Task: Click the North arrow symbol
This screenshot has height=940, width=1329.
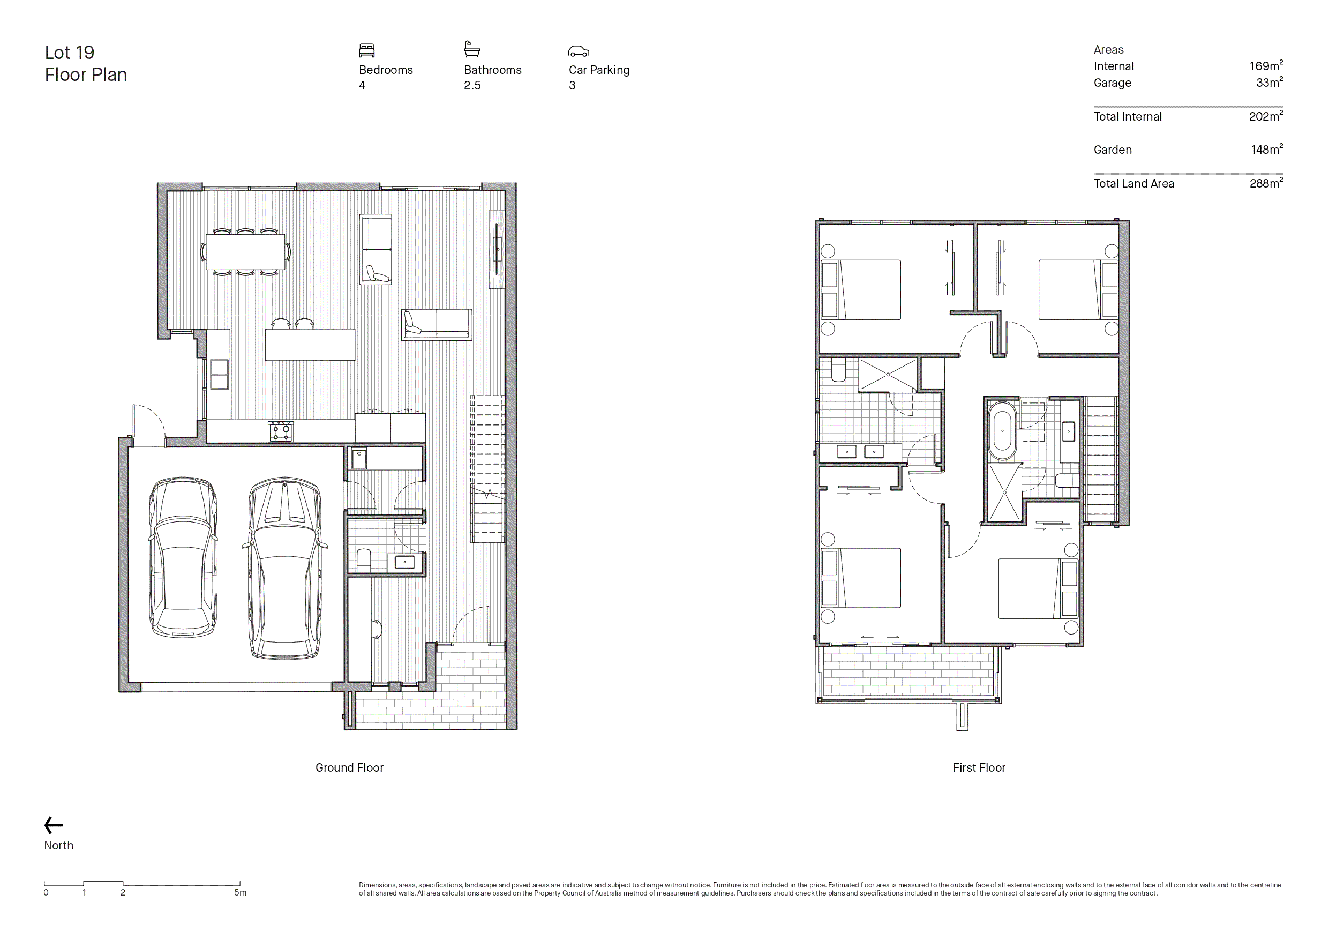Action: tap(53, 825)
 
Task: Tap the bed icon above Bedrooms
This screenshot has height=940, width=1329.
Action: tap(366, 50)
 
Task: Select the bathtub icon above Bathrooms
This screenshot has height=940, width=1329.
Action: tap(472, 49)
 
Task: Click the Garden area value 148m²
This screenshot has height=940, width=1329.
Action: tap(1266, 150)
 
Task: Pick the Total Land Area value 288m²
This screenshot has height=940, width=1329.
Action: tap(1266, 183)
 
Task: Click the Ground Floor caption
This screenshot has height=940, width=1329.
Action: tap(349, 767)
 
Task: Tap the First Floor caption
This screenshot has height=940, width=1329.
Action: tap(979, 767)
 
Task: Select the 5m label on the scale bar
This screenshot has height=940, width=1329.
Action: tap(240, 892)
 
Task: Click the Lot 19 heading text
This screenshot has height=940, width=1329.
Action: tap(70, 53)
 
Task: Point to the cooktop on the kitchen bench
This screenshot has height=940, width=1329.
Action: tap(281, 431)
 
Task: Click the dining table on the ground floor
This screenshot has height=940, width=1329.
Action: tap(245, 252)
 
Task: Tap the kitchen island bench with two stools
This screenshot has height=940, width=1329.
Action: tap(310, 344)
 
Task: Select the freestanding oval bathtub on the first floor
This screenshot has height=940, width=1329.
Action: tap(1002, 431)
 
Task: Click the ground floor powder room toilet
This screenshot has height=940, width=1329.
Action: tap(364, 561)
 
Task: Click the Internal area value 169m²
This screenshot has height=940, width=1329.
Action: tap(1266, 65)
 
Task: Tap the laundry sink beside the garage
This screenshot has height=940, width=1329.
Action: tap(359, 459)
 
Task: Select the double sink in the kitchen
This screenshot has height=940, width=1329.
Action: tap(220, 374)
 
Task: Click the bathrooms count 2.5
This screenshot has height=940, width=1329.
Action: tap(472, 86)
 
